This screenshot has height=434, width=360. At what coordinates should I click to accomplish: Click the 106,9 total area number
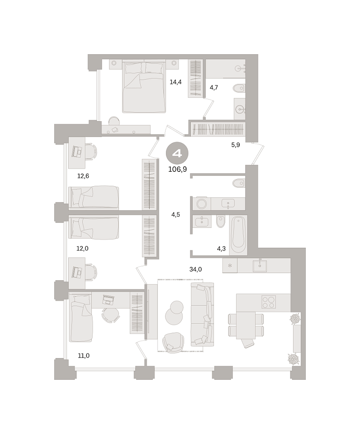point(177,169)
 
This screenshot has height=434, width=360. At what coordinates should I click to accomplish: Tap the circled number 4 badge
point(177,153)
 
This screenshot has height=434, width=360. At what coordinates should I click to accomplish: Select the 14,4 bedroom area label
point(175,82)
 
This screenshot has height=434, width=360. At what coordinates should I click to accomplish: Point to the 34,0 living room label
point(195,269)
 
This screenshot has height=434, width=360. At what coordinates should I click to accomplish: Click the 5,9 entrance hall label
point(235,145)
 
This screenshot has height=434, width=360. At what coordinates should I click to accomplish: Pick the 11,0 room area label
point(84,356)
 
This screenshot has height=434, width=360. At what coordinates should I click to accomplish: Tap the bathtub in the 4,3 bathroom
point(238,235)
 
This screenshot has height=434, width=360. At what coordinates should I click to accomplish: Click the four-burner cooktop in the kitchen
point(268,302)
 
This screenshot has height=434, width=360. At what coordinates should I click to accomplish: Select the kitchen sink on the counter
point(260,265)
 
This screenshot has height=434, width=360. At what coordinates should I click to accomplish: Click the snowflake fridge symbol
point(230,266)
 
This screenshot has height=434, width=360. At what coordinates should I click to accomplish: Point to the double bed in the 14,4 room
point(144,87)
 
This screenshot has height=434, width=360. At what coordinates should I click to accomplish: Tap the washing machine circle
point(201,204)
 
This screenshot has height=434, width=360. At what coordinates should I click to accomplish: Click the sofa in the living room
point(203,315)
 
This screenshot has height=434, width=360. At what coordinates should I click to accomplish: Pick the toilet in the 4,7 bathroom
point(239,89)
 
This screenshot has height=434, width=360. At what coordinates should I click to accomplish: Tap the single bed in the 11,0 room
point(81,318)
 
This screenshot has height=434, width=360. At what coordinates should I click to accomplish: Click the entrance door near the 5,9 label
point(259,154)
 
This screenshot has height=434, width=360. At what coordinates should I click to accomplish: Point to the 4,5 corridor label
point(175,214)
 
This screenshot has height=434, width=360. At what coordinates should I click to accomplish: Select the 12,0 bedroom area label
point(82,249)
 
